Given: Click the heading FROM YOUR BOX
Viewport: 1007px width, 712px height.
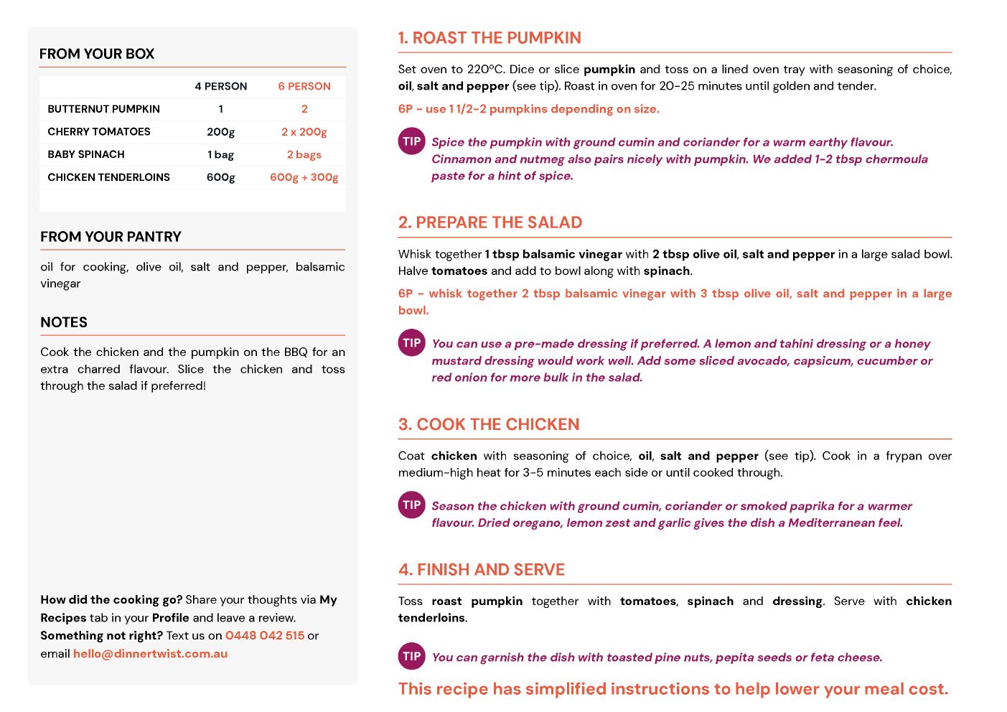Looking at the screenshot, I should (x=97, y=54).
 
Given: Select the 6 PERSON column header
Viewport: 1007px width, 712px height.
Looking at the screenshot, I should (x=304, y=86).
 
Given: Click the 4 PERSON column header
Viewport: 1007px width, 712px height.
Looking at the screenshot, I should (x=221, y=86).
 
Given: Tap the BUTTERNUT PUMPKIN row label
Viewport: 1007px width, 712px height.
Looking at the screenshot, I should (x=104, y=109).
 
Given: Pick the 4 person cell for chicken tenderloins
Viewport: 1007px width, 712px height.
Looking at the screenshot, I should (x=221, y=177).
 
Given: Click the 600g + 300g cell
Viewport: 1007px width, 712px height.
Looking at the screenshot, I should (x=304, y=177).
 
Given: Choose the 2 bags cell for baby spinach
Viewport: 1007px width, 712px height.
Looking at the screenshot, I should (x=304, y=154).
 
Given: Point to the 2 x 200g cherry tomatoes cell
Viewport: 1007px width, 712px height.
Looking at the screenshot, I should (x=304, y=132).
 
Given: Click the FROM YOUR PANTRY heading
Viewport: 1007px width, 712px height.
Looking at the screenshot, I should (x=111, y=237).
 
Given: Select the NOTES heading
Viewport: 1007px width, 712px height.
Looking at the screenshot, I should (x=64, y=322).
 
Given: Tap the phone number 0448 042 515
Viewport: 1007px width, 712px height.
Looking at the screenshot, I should (x=265, y=636).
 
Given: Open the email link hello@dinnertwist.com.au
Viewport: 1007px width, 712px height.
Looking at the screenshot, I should (x=150, y=654).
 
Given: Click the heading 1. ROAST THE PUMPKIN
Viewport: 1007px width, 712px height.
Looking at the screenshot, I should (x=490, y=38).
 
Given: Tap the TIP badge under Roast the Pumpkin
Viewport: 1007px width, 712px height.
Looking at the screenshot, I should (x=412, y=141).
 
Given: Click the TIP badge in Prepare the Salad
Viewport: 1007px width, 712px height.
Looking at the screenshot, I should (x=412, y=343).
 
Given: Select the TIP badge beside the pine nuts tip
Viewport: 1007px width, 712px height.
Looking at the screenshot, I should (x=412, y=656).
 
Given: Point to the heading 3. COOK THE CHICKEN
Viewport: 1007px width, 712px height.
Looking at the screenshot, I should (x=489, y=424).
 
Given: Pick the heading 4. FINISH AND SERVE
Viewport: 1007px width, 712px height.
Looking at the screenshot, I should (x=482, y=570).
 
